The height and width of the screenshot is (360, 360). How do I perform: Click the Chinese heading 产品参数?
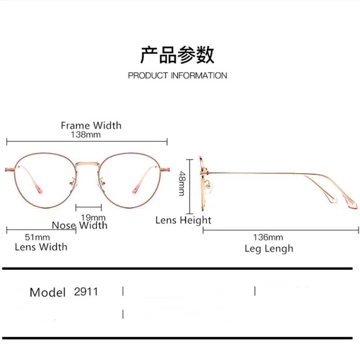(x=177, y=54)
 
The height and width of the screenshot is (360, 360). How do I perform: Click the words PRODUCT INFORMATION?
(x=177, y=76)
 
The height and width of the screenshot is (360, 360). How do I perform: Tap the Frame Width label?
(x=91, y=125)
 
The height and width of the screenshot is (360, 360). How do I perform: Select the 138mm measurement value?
(x=85, y=134)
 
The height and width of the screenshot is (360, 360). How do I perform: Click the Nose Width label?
(x=80, y=225)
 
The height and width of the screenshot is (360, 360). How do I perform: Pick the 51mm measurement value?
(x=37, y=237)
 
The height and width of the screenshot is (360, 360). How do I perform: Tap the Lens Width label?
(x=41, y=247)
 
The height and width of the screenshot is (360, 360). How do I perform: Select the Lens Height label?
(x=183, y=220)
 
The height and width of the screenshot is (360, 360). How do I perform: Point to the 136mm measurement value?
(x=269, y=237)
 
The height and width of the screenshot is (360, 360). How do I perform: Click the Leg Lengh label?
(x=269, y=248)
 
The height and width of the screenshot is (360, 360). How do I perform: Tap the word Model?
(x=48, y=292)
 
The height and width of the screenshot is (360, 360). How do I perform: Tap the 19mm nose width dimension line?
(x=89, y=207)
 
